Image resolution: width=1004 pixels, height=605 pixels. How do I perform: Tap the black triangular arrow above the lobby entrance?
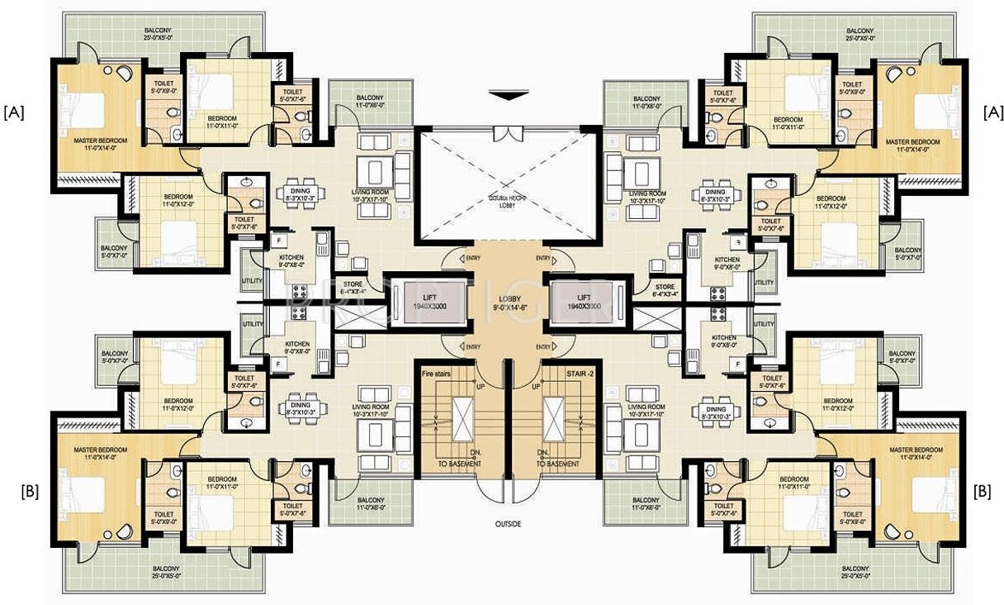[508, 97]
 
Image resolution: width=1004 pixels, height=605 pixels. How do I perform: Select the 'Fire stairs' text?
[436, 374]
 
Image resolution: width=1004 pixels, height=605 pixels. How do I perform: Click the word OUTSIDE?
[508, 523]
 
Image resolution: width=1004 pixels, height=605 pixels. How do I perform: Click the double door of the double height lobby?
[508, 131]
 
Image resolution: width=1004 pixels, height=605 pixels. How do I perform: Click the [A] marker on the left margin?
[14, 112]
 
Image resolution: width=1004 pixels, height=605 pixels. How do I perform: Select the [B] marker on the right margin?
[983, 491]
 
